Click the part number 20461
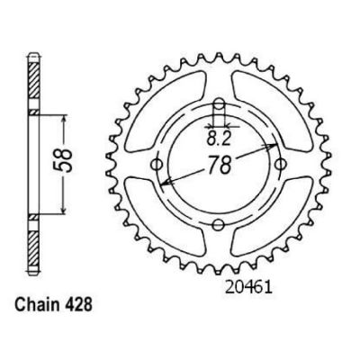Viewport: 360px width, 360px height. click(248, 288)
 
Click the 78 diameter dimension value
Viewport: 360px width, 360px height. click(220, 165)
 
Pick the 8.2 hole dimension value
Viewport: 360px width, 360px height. click(219, 139)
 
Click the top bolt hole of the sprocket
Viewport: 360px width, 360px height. click(220, 105)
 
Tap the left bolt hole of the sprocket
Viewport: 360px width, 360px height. click(157, 165)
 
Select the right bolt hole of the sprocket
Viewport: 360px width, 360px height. click(281, 164)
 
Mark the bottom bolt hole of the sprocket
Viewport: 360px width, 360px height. click(219, 224)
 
